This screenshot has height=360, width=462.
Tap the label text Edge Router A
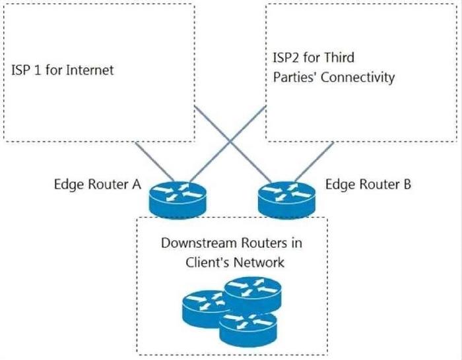(98, 185)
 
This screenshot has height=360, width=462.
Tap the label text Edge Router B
(368, 185)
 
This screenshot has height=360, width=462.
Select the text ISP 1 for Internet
(63, 69)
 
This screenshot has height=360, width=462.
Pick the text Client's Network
(235, 262)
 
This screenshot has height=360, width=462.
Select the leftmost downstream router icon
(206, 307)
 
